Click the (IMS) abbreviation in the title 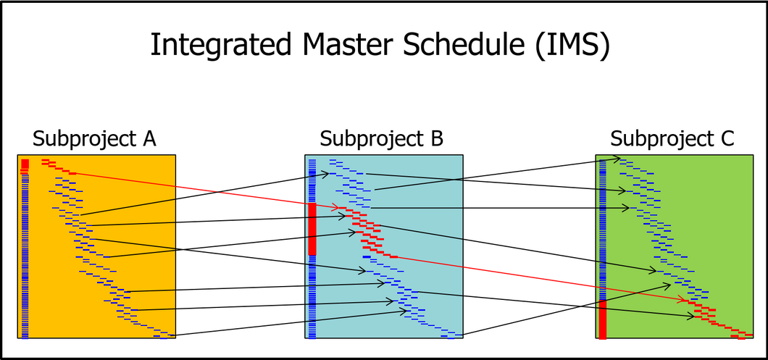coord(572,46)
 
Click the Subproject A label coord(94,140)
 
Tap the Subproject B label coord(382,140)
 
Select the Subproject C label coord(672,140)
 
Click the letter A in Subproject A coord(149,138)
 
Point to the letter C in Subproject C coord(728,138)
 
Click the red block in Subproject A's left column coord(25,166)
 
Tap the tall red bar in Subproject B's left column coord(312,229)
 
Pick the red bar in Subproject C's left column coord(603,319)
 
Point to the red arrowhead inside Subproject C coord(682,299)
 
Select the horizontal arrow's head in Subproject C coord(625,208)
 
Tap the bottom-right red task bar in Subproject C coord(741,338)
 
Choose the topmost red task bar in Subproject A coord(46,159)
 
